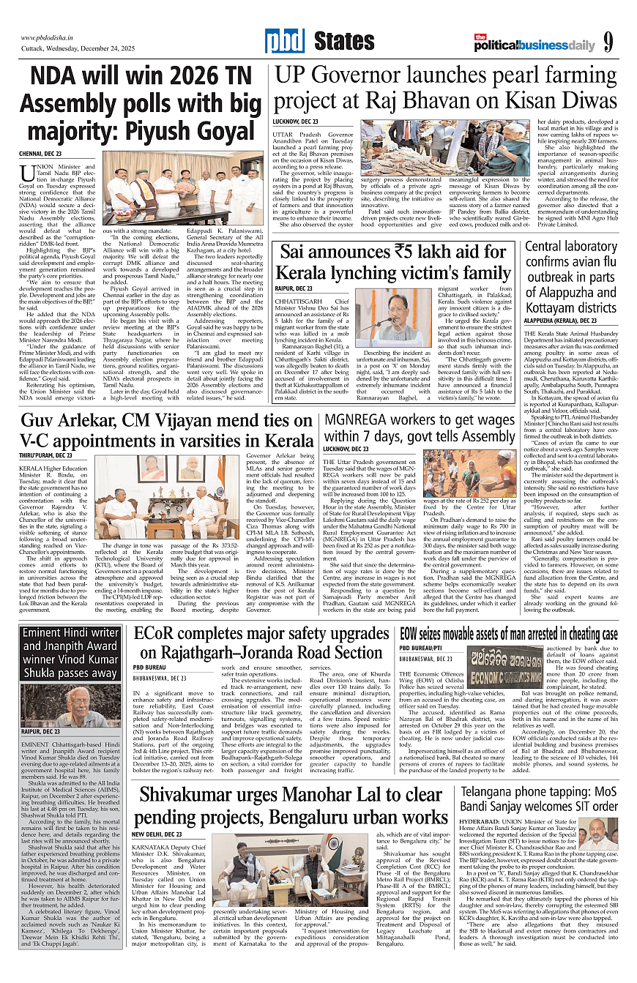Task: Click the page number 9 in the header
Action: click(x=609, y=43)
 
